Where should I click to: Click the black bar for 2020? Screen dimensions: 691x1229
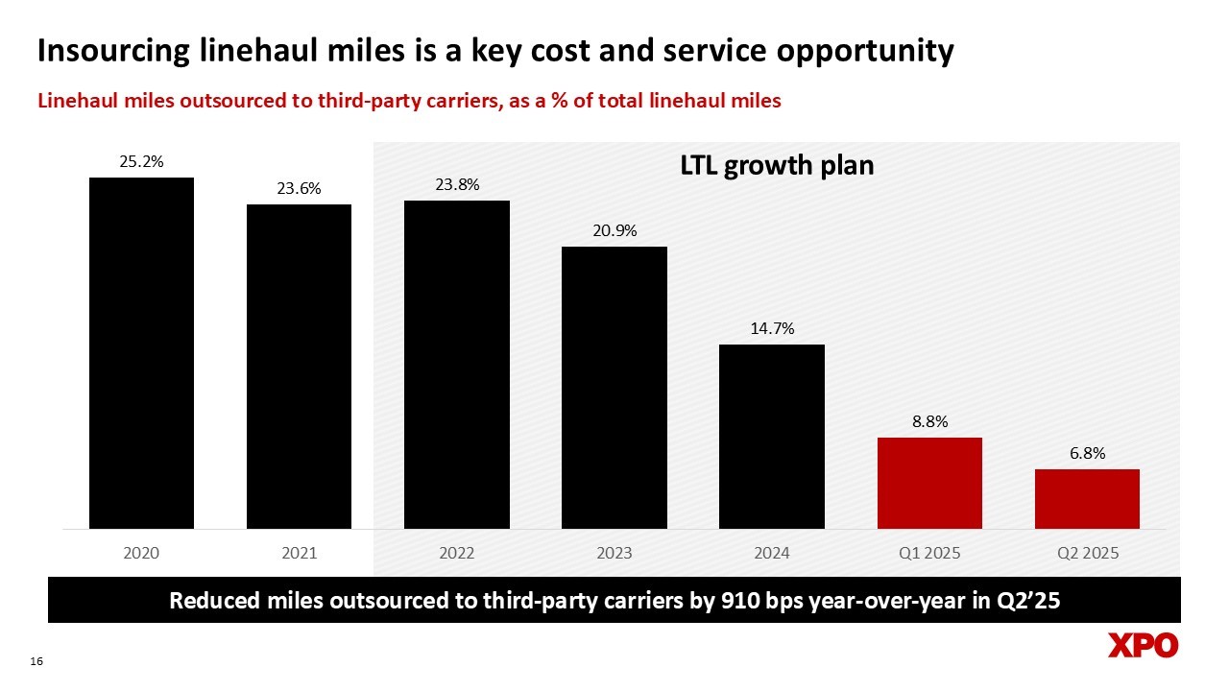(141, 352)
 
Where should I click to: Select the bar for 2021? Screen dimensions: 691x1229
(299, 366)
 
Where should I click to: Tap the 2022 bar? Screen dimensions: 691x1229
(456, 364)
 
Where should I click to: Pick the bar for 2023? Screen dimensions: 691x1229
(614, 387)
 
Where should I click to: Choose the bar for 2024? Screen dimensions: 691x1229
(772, 436)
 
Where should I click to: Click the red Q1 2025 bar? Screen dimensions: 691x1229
(929, 483)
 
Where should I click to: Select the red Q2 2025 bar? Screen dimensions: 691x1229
(1087, 498)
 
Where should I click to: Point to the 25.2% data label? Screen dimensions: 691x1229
(141, 162)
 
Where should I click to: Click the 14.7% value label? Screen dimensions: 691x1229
(772, 328)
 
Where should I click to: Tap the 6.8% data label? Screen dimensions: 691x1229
(1087, 454)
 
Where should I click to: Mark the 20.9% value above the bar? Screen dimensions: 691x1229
(614, 231)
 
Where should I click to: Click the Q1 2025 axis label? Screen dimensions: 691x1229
(929, 554)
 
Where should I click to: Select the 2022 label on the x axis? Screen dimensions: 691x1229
(456, 554)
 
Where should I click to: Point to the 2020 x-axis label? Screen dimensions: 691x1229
(141, 554)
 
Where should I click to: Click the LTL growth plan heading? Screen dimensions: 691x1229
(777, 166)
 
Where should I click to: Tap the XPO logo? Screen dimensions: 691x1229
(1143, 646)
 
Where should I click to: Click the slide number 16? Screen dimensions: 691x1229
(37, 661)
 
